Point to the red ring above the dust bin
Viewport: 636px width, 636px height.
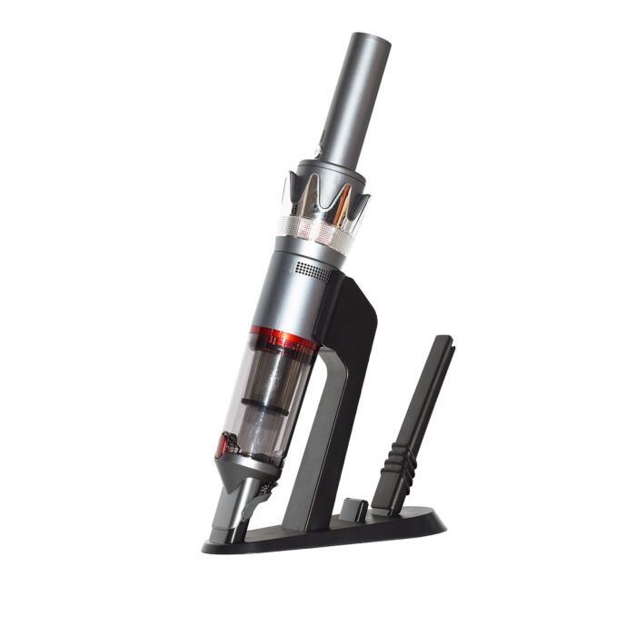click(x=283, y=338)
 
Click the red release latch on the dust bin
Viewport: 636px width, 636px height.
click(x=222, y=444)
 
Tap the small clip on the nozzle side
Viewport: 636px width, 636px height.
click(x=264, y=490)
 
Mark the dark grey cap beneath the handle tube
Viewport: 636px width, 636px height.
click(x=329, y=169)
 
